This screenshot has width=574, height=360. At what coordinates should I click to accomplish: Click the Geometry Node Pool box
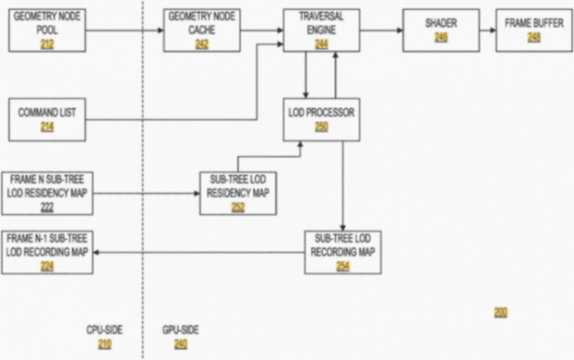[47, 30]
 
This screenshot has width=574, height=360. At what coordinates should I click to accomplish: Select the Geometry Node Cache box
[201, 30]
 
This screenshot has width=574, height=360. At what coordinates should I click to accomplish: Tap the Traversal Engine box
[321, 30]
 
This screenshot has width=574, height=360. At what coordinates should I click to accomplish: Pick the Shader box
[441, 30]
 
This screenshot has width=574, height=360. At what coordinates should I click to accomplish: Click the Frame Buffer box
[533, 30]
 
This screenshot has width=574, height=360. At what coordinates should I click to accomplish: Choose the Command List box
[47, 119]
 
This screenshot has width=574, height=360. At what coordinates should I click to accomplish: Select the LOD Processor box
[321, 119]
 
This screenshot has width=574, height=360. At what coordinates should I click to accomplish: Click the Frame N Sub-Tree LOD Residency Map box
[47, 193]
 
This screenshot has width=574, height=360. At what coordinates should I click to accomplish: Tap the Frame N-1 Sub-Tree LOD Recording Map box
[47, 252]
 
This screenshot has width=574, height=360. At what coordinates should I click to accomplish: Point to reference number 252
[238, 207]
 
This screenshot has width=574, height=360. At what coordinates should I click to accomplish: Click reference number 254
[343, 267]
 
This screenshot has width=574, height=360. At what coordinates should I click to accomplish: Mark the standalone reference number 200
[501, 312]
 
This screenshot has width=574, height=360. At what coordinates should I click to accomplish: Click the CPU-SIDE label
[105, 330]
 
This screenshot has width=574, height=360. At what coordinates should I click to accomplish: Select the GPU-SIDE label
[180, 330]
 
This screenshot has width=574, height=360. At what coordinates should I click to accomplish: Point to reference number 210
[105, 344]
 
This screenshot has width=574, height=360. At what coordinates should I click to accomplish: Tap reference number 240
[180, 344]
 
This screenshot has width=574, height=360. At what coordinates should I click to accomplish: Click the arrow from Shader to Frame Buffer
[488, 30]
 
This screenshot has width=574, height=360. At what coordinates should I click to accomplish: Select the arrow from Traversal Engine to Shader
[381, 30]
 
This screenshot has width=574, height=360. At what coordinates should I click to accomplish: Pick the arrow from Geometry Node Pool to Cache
[125, 30]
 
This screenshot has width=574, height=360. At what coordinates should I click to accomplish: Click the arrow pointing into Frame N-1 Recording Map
[200, 252]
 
